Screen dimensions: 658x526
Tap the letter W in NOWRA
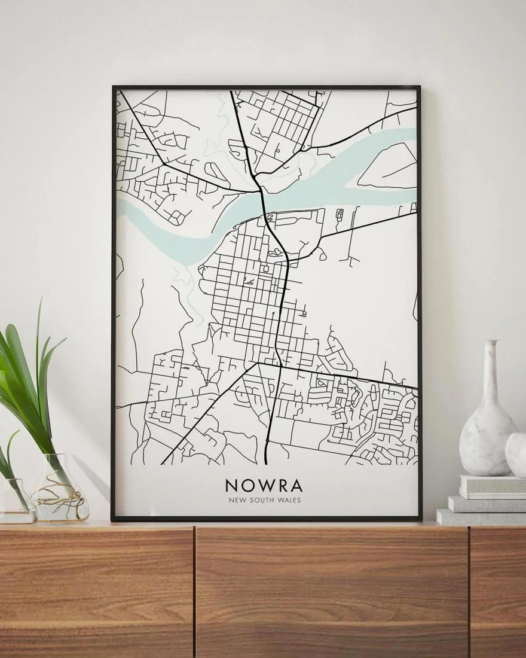(265, 485)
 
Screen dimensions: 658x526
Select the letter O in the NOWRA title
(248, 485)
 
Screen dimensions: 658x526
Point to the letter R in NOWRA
(281, 485)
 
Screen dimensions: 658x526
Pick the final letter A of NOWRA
(296, 485)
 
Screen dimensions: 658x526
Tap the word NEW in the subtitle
(237, 500)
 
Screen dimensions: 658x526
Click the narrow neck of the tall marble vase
(491, 371)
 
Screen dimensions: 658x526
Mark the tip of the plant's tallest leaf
(40, 301)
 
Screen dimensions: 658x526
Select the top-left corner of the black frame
(114, 88)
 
